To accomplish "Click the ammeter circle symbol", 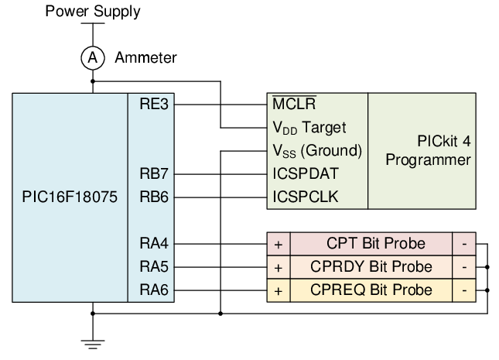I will (x=93, y=57).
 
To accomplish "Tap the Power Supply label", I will (x=93, y=12).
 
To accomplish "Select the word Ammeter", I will (x=145, y=57).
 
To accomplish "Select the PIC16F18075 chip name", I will (x=70, y=197).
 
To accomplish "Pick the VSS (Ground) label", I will (x=317, y=150).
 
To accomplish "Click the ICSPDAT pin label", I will (x=306, y=173).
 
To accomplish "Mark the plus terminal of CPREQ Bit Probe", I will (x=279, y=290).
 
